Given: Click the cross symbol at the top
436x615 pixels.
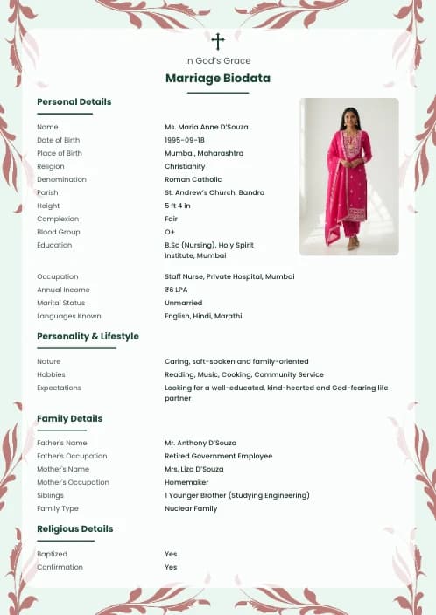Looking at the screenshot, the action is (x=218, y=41).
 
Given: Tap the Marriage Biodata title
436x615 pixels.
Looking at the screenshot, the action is (x=218, y=79).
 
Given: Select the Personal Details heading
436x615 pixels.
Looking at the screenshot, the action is (x=74, y=102).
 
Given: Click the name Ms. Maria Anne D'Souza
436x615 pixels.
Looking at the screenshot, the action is (x=206, y=127).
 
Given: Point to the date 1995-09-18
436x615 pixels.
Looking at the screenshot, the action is (x=185, y=140).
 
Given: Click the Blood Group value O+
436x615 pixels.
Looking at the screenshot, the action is (x=170, y=232).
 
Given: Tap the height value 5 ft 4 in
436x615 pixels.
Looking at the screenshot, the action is (x=177, y=206).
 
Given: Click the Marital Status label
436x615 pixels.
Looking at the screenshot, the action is (x=60, y=303).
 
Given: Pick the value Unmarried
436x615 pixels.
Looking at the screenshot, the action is (x=184, y=303).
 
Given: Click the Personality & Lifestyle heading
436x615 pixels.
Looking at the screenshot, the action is (x=88, y=337).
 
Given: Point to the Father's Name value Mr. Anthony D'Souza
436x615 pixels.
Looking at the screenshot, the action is (x=200, y=443).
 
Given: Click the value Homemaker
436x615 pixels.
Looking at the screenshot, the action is (x=186, y=482).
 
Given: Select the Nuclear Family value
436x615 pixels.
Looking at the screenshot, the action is (x=191, y=508).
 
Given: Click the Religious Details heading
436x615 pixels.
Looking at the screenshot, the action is (x=74, y=529).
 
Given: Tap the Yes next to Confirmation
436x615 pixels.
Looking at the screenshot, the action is (x=171, y=567).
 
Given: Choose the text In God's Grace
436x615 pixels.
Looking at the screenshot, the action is (x=218, y=60).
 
